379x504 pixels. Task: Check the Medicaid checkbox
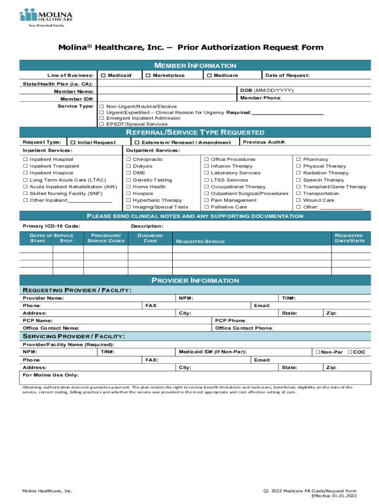[x=103, y=75]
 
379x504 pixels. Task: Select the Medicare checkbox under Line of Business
[x=209, y=75]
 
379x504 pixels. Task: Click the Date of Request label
[x=287, y=75]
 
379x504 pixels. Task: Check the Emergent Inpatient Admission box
[x=102, y=118]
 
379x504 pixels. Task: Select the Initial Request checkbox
[x=73, y=143]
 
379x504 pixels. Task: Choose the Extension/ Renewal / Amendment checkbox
[x=137, y=143]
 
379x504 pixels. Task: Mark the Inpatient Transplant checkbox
[x=25, y=166]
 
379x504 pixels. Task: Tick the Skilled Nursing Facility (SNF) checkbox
[x=25, y=194]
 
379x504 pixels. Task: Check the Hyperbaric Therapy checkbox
[x=128, y=201]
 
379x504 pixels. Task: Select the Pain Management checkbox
[x=207, y=201]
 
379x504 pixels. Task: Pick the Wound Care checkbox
[x=299, y=201]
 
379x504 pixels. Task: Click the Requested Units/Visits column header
[x=349, y=238]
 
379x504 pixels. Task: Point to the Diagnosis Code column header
[x=150, y=238]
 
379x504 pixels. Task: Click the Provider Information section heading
[x=195, y=281]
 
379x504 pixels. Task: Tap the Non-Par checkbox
[x=318, y=352]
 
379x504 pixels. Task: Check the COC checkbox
[x=350, y=352]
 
